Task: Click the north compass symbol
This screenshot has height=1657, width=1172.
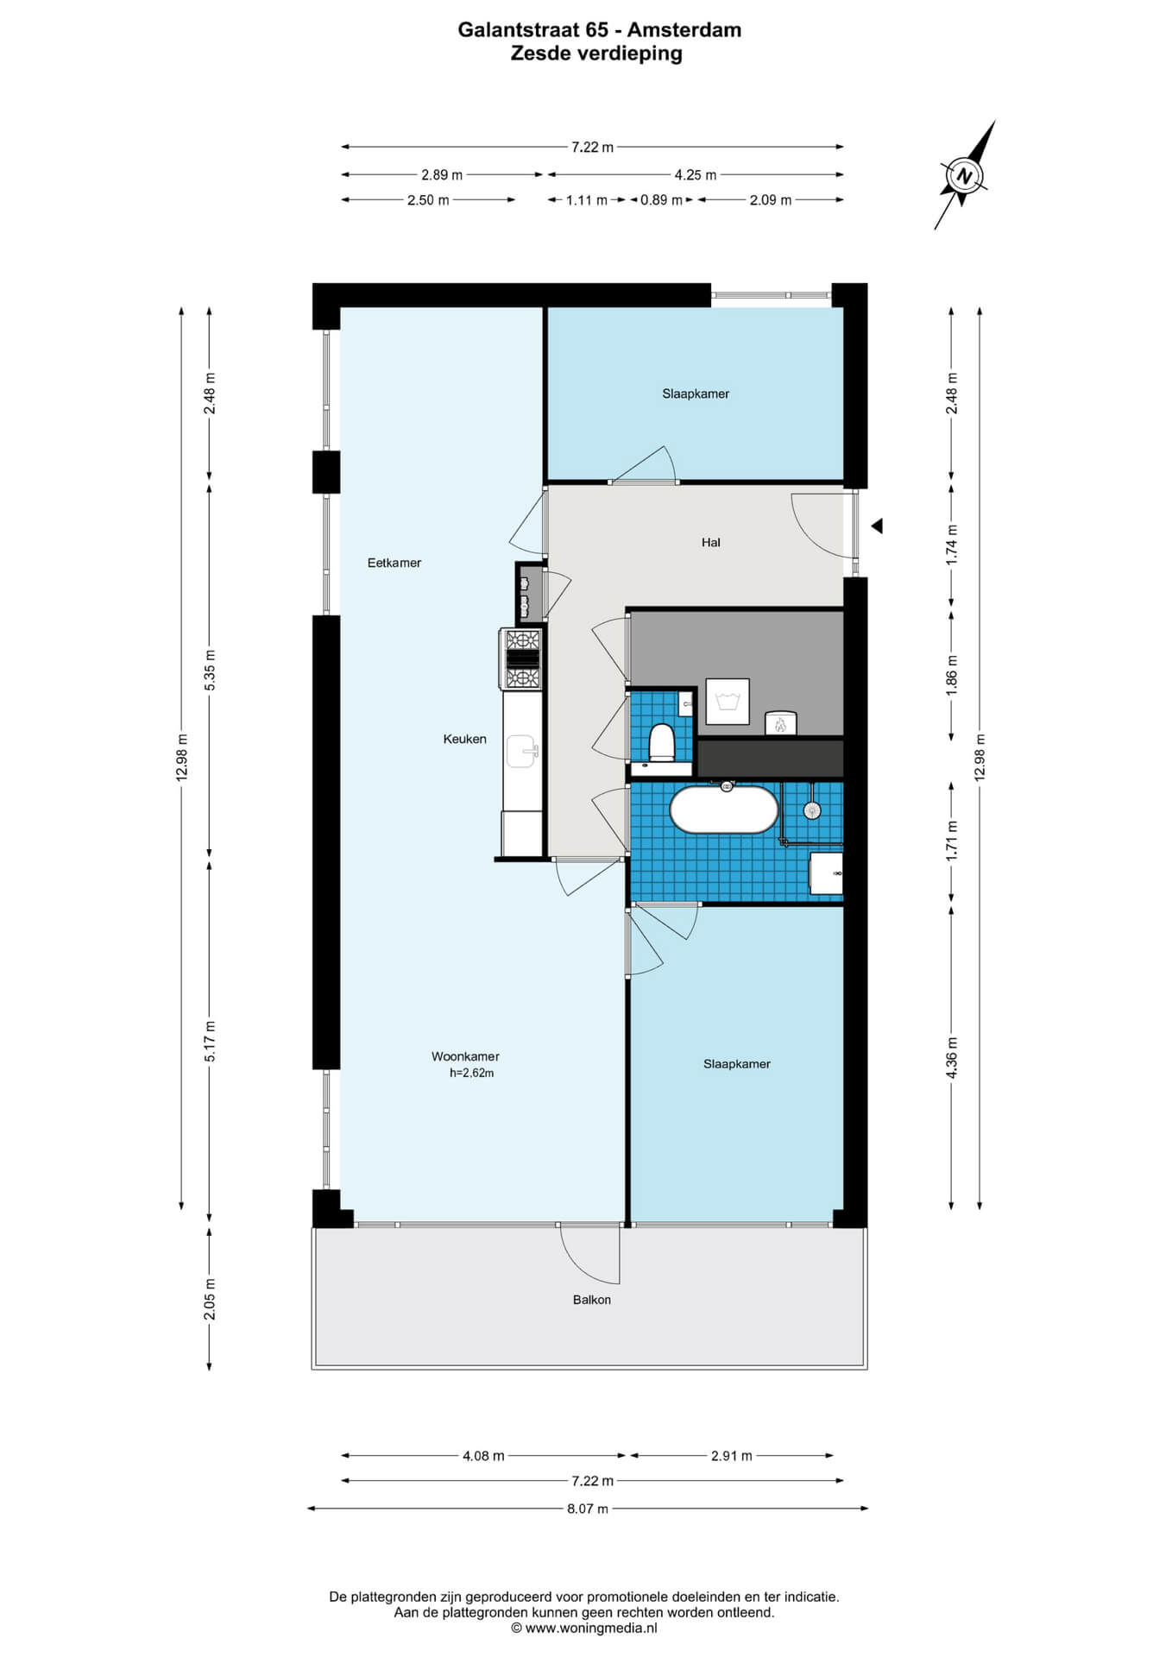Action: tap(964, 175)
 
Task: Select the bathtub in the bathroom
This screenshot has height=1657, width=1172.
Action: tap(724, 810)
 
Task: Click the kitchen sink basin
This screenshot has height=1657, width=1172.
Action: tap(522, 751)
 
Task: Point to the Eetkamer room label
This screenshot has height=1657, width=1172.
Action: tap(394, 563)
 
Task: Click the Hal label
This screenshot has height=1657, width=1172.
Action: tap(711, 542)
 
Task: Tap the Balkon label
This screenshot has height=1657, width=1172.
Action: tap(592, 1300)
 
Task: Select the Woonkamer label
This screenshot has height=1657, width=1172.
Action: tap(465, 1056)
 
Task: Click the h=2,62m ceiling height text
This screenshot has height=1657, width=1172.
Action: tap(471, 1074)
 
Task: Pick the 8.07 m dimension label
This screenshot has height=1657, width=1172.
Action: tap(587, 1509)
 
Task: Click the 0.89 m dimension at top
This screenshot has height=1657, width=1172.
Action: tap(661, 200)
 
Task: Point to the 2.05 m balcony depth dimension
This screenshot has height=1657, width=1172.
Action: tap(210, 1299)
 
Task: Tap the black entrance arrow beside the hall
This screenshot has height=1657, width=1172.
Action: tap(876, 526)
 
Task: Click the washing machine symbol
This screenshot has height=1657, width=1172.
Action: tap(728, 701)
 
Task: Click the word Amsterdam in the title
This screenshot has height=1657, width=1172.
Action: tap(684, 30)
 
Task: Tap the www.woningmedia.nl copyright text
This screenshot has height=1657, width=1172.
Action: tap(584, 1629)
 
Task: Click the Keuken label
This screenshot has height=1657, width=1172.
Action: tap(465, 739)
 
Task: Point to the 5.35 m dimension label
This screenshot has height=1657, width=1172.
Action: tap(210, 668)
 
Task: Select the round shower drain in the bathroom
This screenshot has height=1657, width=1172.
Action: tap(811, 810)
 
